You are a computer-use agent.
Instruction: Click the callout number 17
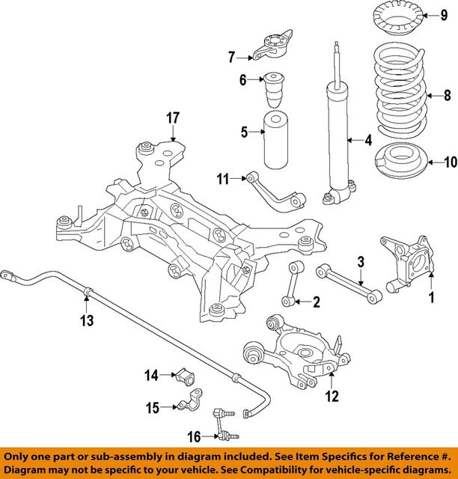pos(173,118)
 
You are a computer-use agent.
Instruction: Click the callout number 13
pos(87,321)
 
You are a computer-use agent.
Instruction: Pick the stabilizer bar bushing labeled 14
pos(186,375)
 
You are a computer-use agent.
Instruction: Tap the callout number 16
pos(193,436)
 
